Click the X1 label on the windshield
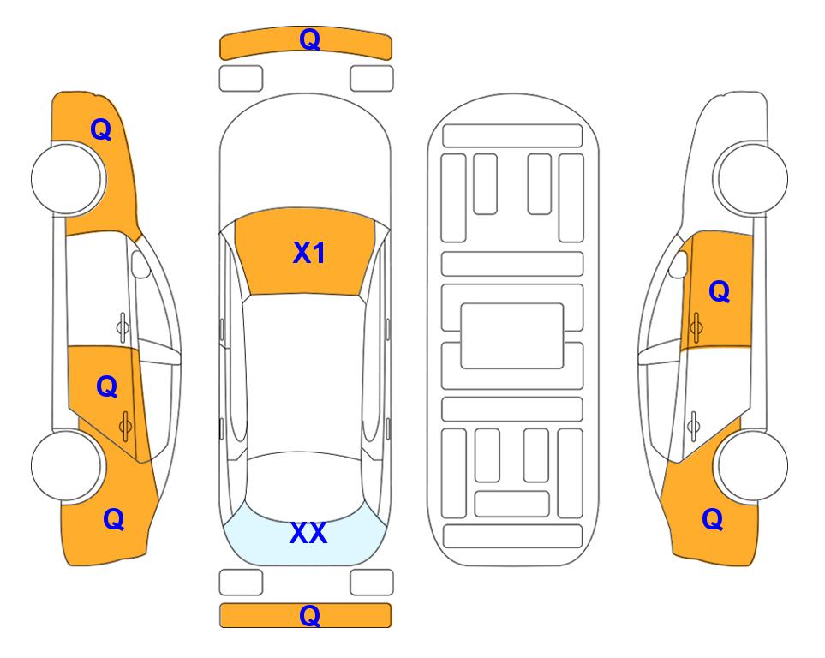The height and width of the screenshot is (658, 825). (x=309, y=253)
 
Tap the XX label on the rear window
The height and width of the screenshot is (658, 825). (x=308, y=533)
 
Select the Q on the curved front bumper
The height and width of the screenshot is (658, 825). (x=309, y=39)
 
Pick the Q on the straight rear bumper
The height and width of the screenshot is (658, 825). (x=309, y=615)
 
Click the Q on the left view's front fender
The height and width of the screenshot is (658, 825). (x=101, y=129)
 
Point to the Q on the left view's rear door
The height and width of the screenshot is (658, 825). (x=107, y=386)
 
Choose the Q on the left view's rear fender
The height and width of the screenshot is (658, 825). (x=114, y=519)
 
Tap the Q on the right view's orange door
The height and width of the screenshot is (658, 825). (x=720, y=290)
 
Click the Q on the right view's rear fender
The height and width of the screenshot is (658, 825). (x=713, y=519)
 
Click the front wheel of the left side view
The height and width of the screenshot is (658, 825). (x=68, y=178)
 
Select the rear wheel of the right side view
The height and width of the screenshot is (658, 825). (x=750, y=465)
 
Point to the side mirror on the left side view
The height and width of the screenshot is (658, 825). (x=140, y=264)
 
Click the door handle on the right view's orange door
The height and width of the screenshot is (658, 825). (x=696, y=327)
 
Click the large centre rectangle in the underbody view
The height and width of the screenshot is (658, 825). (x=512, y=336)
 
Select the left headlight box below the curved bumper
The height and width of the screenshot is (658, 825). (x=241, y=79)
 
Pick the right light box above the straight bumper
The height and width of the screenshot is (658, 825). (x=372, y=583)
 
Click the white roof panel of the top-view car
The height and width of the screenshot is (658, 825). (x=305, y=376)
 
